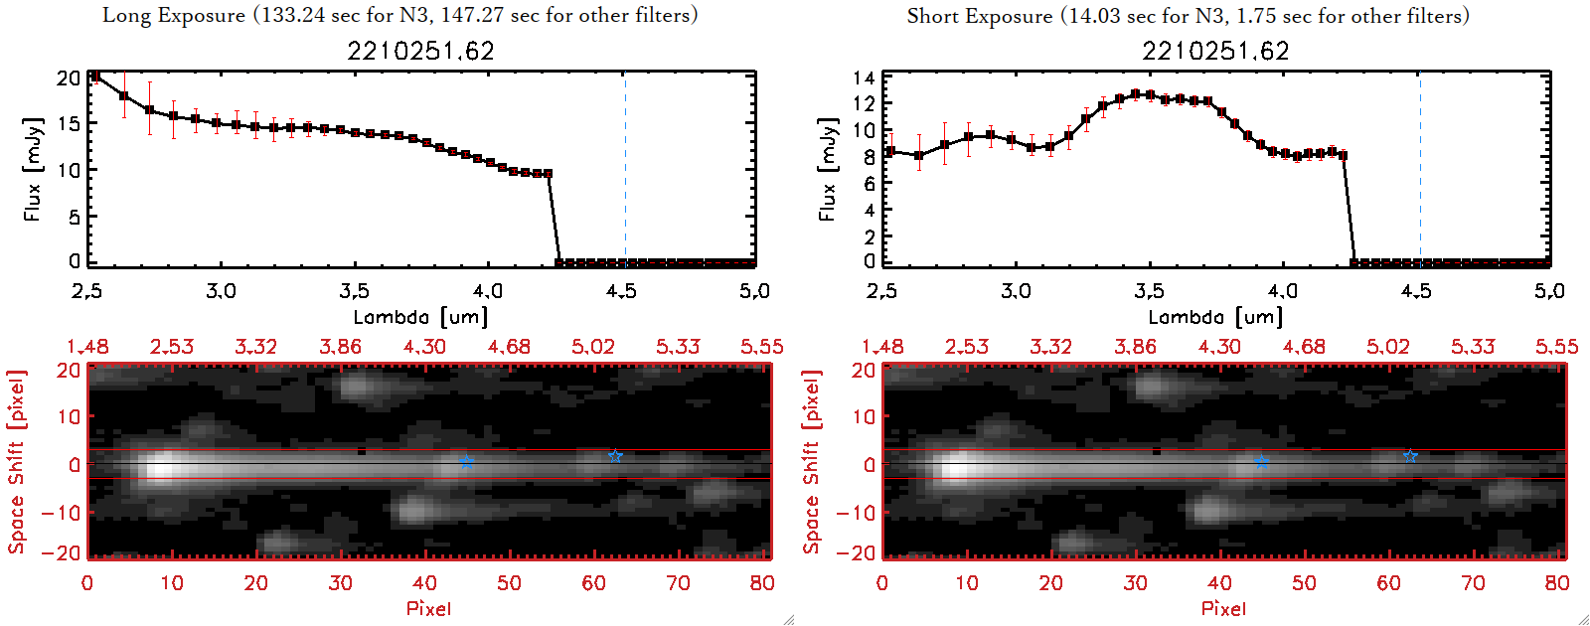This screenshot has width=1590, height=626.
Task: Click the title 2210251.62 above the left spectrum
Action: tap(420, 51)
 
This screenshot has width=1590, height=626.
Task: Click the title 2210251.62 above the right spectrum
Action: tap(1215, 51)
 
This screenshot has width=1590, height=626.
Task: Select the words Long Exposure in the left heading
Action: tap(174, 15)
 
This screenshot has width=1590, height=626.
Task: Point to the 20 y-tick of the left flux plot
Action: tap(68, 78)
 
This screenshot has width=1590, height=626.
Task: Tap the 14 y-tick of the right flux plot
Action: tap(864, 78)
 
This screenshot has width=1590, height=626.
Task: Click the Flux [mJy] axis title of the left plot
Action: tap(33, 169)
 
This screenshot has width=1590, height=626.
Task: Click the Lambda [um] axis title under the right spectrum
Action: tap(1215, 317)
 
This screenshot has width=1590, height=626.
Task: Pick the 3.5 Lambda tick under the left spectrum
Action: tap(354, 291)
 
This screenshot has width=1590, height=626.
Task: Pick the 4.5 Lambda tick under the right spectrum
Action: tap(1416, 291)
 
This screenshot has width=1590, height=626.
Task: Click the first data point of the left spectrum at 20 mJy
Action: tap(95, 77)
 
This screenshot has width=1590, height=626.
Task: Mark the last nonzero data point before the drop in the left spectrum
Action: tap(549, 174)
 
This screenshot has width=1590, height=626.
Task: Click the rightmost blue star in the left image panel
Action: tap(615, 456)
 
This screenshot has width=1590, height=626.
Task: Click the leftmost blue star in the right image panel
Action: tap(1261, 462)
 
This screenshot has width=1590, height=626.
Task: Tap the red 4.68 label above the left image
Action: tap(509, 347)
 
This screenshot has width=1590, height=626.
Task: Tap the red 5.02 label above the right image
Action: tap(1387, 347)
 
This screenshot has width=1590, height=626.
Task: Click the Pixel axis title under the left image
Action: tap(428, 608)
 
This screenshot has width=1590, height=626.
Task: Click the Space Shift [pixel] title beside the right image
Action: tap(812, 462)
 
